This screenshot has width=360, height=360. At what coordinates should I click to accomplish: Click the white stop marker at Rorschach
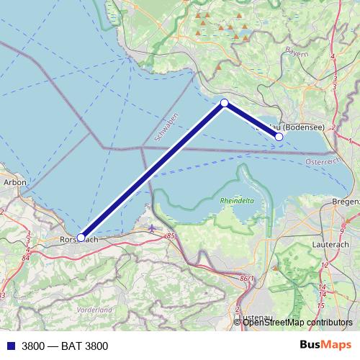point(81,237)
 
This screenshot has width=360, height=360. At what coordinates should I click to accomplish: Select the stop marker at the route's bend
point(225,103)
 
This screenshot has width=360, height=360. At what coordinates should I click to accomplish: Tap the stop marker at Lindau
point(279,136)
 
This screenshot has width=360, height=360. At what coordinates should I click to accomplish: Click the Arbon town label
point(14,183)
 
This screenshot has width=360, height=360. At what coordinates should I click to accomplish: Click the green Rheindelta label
point(236,202)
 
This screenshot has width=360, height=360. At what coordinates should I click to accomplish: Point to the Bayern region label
point(297,53)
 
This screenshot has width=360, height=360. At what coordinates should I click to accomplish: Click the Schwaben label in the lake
point(166,126)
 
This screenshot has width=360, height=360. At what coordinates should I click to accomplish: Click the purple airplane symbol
point(151,228)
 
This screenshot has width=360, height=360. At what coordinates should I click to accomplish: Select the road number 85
point(170,235)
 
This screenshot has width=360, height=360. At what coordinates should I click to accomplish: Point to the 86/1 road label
point(247,278)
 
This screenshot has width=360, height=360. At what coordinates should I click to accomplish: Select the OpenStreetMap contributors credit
point(297,322)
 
